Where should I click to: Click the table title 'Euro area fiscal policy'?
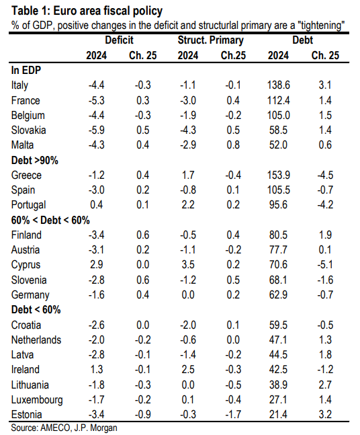[x=108, y=11]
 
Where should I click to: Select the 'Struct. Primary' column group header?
[x=211, y=40]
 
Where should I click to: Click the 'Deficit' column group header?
[x=119, y=40]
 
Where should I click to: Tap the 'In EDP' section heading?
[x=26, y=70]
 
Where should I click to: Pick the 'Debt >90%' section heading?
[x=35, y=160]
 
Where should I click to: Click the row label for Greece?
[x=26, y=175]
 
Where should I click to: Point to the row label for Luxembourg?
[x=37, y=400]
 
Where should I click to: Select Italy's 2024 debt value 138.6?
[x=279, y=85]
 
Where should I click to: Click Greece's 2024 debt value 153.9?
[x=279, y=175]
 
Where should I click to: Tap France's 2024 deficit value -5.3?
[x=97, y=100]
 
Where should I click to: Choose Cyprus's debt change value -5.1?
[x=325, y=265]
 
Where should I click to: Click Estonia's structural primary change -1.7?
[x=233, y=415]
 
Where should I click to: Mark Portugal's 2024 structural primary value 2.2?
[x=188, y=205]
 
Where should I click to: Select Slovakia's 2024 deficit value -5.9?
[x=97, y=130]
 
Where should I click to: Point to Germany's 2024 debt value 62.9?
[x=279, y=294]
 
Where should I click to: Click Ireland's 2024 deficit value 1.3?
[x=97, y=370]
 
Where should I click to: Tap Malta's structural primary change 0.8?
[x=233, y=145]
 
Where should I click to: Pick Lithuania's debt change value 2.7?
[x=325, y=385]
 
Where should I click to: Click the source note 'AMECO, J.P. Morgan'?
[x=79, y=428]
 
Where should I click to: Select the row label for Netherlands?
[x=36, y=340]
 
